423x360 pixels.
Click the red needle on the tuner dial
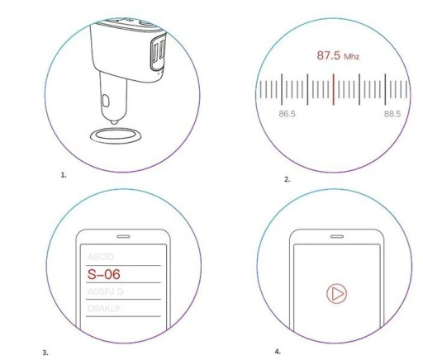click(332, 89)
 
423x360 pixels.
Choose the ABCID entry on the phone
click(101, 256)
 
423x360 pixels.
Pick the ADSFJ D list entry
click(104, 292)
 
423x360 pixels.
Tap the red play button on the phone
click(336, 292)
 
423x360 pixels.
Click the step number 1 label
click(63, 175)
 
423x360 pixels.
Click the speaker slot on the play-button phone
click(337, 232)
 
